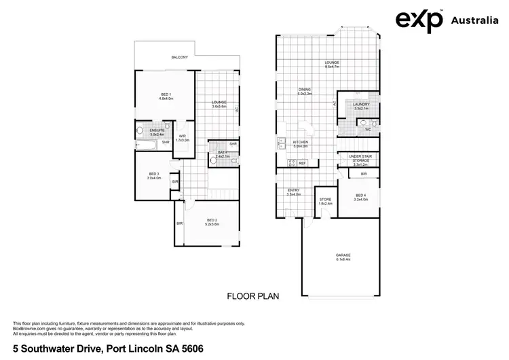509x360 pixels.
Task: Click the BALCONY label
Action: click(x=180, y=58)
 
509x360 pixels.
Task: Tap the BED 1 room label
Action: click(x=166, y=94)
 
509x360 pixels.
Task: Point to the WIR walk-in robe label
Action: click(x=182, y=137)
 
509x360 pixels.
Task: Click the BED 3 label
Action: click(x=153, y=174)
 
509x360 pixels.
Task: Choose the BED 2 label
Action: click(x=212, y=221)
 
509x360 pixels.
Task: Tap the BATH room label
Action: click(x=223, y=153)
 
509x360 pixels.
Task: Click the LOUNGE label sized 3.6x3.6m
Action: click(x=219, y=103)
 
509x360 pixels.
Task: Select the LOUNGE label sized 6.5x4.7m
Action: click(x=332, y=63)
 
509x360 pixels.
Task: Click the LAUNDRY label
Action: click(x=360, y=105)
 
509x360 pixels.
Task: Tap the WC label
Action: click(x=367, y=128)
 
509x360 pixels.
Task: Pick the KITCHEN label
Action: click(x=300, y=143)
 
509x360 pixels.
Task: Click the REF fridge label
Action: click(x=302, y=163)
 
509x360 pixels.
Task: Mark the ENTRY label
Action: click(x=293, y=191)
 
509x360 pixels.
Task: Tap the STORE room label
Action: click(x=325, y=200)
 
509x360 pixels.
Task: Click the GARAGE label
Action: click(x=343, y=255)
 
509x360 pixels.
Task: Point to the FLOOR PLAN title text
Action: click(x=252, y=296)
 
